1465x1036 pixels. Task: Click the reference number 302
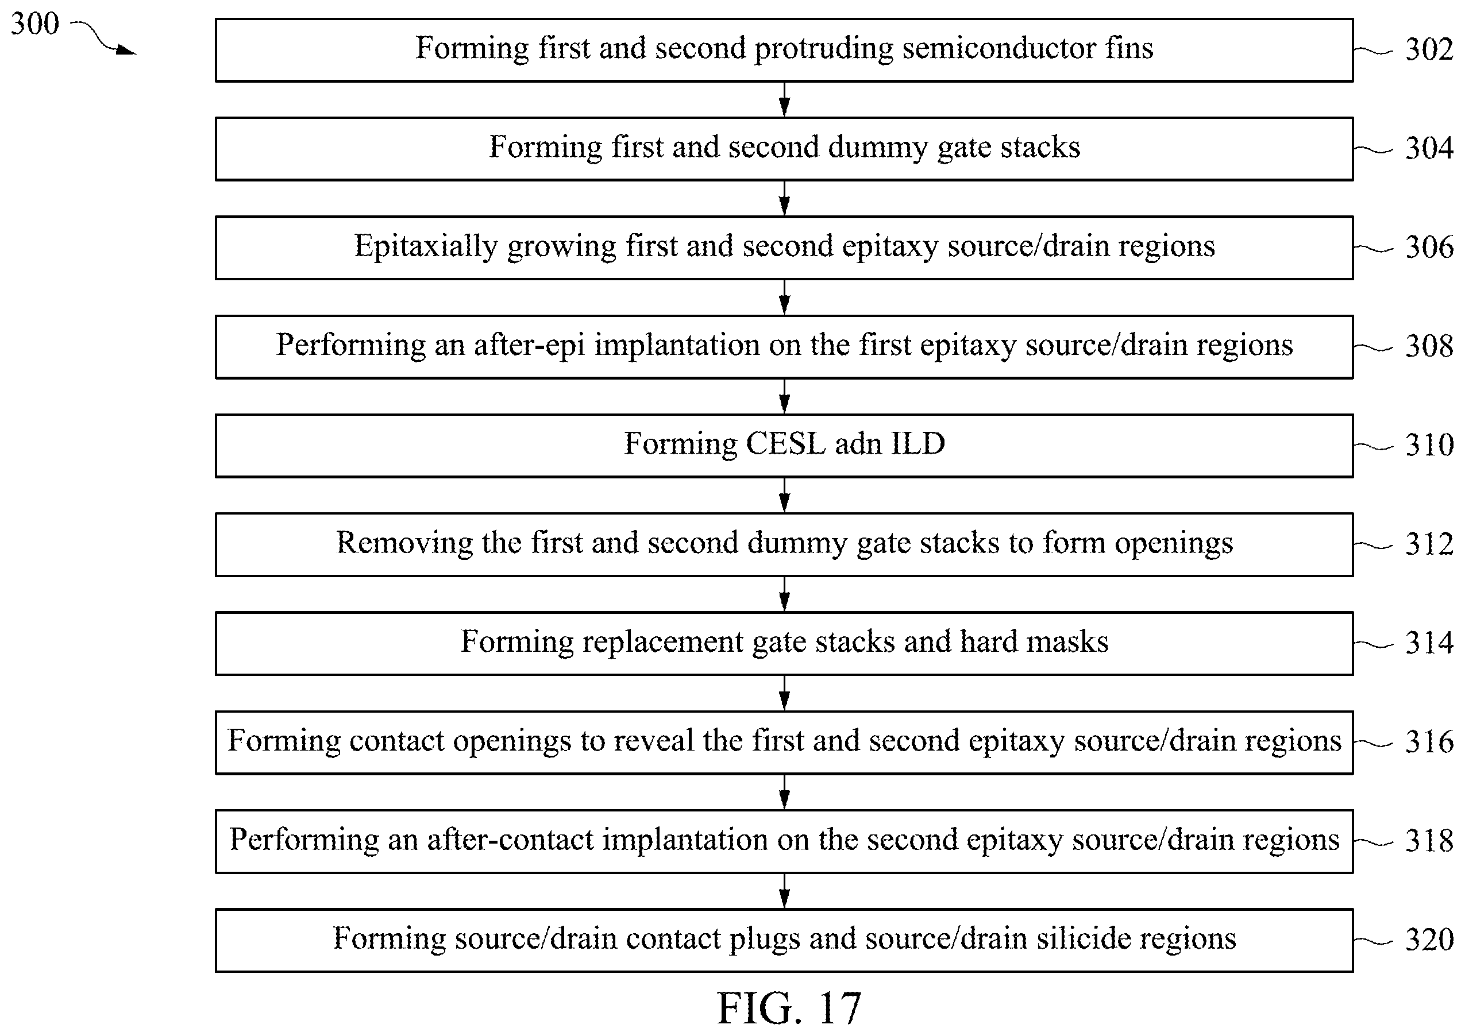tap(1429, 50)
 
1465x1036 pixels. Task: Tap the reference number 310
tap(1429, 445)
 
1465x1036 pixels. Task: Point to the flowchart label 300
tap(35, 24)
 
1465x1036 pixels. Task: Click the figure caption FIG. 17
tap(789, 1008)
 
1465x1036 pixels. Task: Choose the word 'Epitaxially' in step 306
tap(426, 248)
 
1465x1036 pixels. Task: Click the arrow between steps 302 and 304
tap(785, 99)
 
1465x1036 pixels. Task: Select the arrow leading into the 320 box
tap(785, 891)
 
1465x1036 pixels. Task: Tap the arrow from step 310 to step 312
tap(785, 495)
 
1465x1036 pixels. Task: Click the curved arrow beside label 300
tap(102, 37)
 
